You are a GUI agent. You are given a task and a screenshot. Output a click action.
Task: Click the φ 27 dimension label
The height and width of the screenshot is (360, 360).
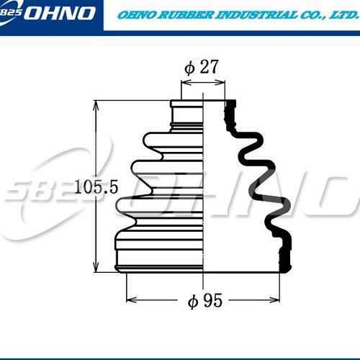click(x=202, y=67)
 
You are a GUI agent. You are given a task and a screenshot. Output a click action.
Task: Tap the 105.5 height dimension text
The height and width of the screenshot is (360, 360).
click(x=96, y=187)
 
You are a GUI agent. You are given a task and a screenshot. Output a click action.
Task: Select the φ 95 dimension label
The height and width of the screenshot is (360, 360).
click(x=205, y=300)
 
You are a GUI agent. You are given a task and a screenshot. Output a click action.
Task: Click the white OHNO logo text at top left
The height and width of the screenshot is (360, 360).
click(x=59, y=13)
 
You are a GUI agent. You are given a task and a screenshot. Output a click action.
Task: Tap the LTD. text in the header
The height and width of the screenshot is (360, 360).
click(x=342, y=15)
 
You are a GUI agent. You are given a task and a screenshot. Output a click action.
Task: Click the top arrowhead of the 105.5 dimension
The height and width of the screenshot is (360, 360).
click(x=96, y=106)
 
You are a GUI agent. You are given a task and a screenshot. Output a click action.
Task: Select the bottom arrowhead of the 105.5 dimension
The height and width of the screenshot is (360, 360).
click(x=96, y=267)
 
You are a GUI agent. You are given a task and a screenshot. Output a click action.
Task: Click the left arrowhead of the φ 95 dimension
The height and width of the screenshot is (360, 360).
click(x=132, y=300)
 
